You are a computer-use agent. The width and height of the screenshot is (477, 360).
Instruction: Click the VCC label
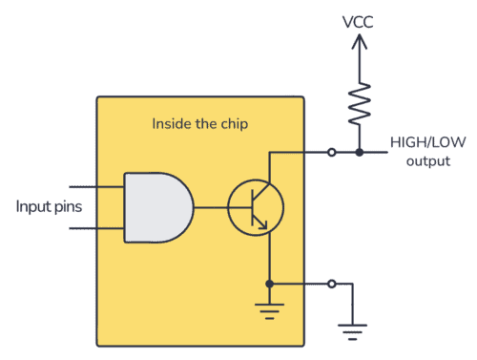(x=360, y=18)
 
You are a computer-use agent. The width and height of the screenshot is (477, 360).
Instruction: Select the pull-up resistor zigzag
(x=360, y=104)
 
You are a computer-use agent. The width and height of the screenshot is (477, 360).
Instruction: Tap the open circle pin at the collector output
(x=331, y=152)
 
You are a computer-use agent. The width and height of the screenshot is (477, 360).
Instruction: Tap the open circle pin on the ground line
(x=331, y=284)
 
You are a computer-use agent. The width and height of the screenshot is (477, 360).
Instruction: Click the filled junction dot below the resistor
(x=360, y=152)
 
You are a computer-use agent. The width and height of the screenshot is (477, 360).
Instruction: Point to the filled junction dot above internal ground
(x=270, y=284)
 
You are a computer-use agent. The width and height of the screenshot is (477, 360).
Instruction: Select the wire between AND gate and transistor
(x=211, y=206)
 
